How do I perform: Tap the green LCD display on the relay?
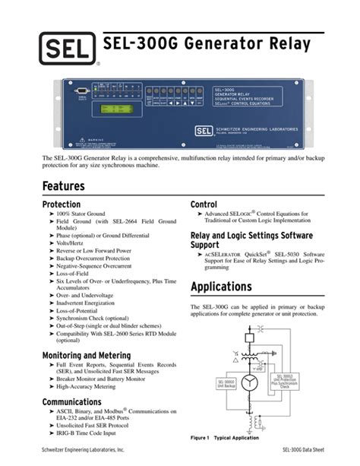click(x=113, y=109)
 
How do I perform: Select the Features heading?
click(x=64, y=185)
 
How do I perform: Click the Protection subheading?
click(x=61, y=205)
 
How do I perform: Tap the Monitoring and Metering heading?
click(x=86, y=355)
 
